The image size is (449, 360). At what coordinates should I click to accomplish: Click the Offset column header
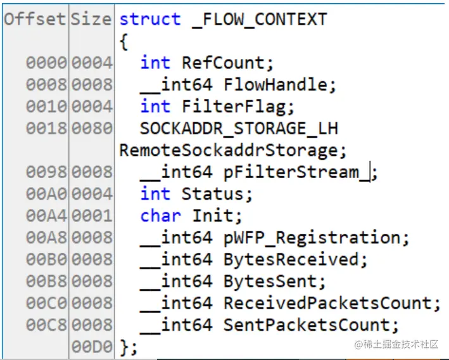(35, 19)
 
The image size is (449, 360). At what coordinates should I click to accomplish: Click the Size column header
(91, 19)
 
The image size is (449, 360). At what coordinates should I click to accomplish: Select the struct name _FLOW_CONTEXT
(259, 19)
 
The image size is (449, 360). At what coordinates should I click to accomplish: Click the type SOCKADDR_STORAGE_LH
(239, 128)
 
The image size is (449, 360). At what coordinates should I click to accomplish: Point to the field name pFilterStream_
(296, 172)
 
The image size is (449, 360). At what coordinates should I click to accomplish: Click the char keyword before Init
(161, 215)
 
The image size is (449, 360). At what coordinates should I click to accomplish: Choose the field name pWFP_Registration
(312, 238)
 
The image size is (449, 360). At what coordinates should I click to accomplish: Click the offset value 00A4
(46, 215)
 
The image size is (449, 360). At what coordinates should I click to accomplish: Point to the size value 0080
(92, 128)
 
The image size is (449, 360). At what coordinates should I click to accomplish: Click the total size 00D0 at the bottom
(92, 347)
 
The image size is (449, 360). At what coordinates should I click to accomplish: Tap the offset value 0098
(46, 172)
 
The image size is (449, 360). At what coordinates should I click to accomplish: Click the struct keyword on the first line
(150, 19)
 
